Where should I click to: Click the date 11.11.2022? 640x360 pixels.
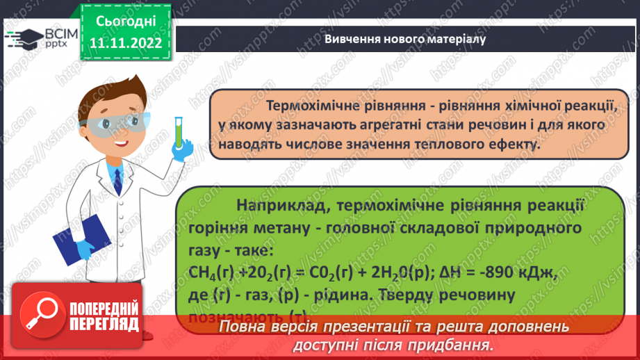click(125, 42)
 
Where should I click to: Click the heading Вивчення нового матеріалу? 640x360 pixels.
click(405, 38)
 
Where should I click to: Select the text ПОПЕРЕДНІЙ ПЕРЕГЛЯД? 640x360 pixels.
click(105, 317)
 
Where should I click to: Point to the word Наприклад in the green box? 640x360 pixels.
click(277, 205)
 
